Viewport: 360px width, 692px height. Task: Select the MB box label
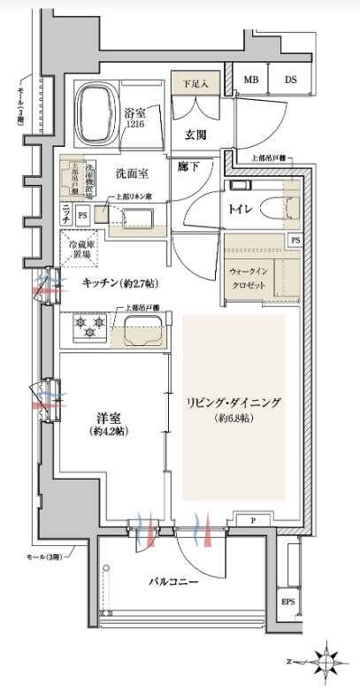tap(251, 79)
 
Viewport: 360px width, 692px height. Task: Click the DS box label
tap(290, 79)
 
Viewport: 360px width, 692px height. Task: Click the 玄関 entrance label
tap(195, 135)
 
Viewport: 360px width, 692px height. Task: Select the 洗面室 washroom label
tap(131, 173)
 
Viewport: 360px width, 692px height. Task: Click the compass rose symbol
tap(329, 660)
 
